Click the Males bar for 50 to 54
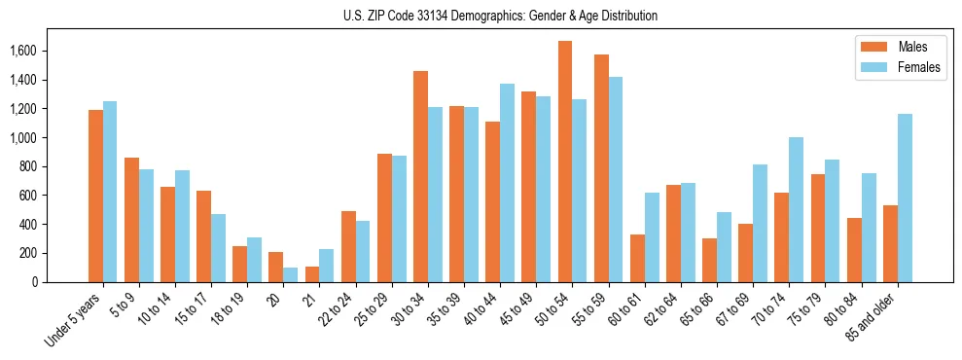tap(565, 162)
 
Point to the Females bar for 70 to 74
tap(797, 210)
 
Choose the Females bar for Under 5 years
tap(110, 192)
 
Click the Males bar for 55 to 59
tap(601, 168)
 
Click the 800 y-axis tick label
tap(56, 166)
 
